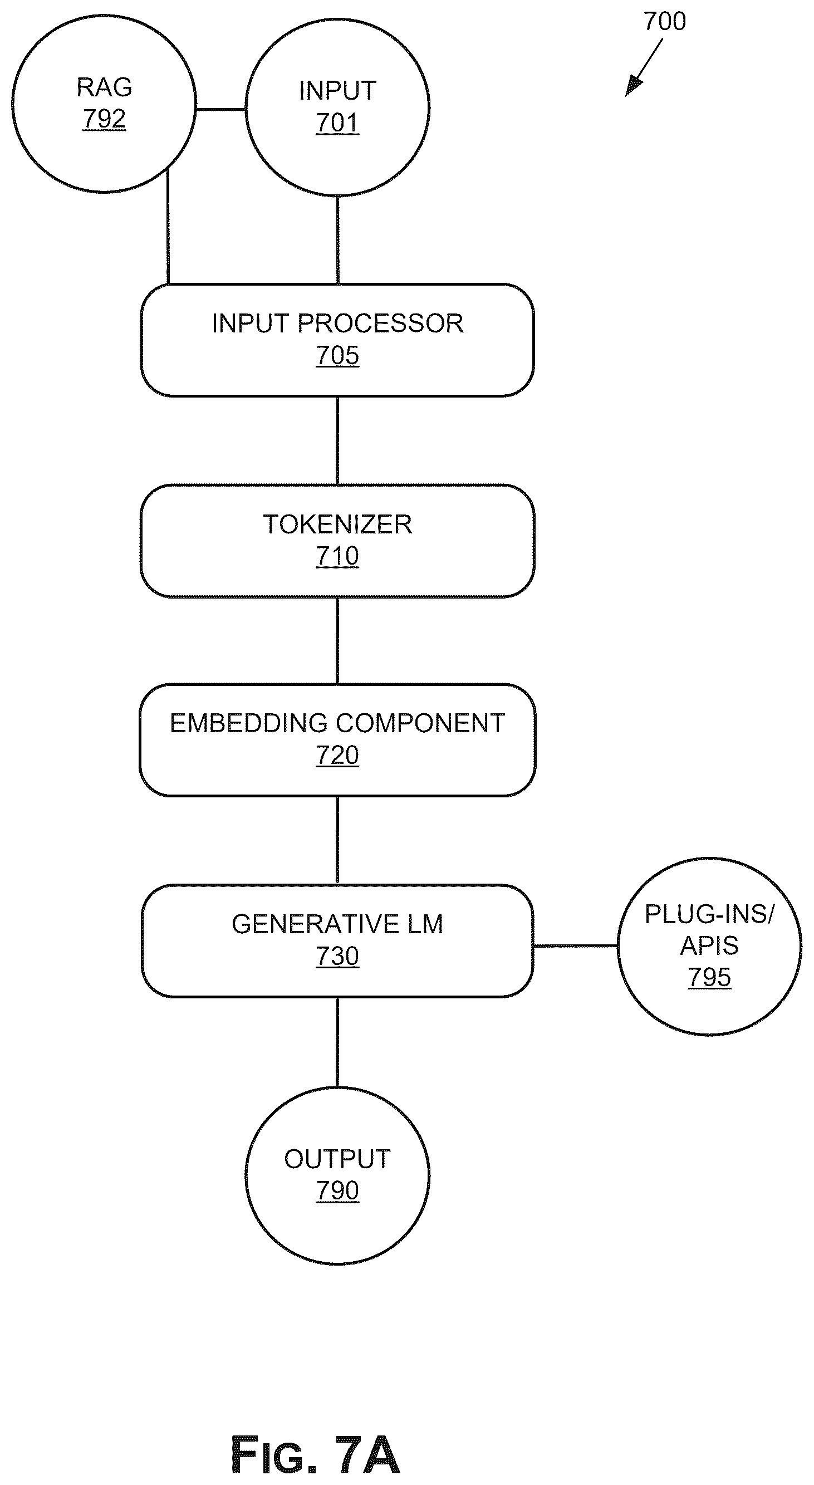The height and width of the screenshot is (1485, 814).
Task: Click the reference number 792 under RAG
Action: coord(104,119)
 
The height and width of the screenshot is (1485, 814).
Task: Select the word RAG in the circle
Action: coord(104,87)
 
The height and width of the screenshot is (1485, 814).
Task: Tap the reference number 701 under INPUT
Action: coord(337,123)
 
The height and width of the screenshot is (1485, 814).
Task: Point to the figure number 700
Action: coord(665,21)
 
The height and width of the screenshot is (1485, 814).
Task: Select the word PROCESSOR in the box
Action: coord(380,324)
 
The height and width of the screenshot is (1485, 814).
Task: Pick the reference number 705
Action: coord(337,356)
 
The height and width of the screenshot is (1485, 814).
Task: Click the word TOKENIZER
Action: coord(337,525)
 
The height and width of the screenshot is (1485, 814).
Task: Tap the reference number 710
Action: coord(337,556)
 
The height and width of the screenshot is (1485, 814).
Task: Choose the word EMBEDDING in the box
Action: coord(249,723)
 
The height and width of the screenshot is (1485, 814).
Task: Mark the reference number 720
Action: coord(337,755)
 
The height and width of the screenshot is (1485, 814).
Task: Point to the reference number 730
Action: coord(337,957)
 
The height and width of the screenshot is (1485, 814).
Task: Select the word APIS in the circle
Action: coord(709,946)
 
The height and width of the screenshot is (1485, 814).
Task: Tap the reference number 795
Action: coord(709,978)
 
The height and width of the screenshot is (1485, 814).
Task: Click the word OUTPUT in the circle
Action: coord(337,1159)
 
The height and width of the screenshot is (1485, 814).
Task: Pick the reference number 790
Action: coord(337,1191)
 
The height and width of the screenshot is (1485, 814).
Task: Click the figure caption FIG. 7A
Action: coord(315,1455)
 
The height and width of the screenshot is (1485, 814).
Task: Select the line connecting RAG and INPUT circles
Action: coord(221,109)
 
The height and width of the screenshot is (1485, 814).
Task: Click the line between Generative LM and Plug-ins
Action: coord(575,946)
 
